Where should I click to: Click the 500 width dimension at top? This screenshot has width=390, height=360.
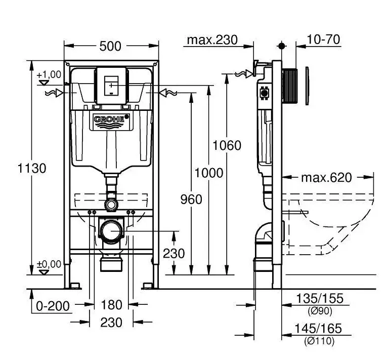110,46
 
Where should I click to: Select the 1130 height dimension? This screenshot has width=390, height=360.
32,168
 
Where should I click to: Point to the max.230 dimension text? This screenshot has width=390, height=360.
212,40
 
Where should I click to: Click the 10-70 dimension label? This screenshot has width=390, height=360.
323,39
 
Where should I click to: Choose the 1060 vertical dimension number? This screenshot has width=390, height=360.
227,145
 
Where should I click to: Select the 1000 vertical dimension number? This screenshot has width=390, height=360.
209,173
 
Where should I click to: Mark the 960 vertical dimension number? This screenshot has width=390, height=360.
191,199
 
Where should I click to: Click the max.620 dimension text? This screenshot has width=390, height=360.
326,178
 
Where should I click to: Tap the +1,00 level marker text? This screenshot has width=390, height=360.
49,74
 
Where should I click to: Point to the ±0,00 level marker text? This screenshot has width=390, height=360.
49,264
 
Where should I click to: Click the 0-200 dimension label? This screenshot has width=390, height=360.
53,306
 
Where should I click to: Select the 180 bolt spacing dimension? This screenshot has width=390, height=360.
111,305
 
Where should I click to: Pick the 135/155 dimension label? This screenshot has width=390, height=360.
320,298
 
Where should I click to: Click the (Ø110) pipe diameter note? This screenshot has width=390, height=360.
319,341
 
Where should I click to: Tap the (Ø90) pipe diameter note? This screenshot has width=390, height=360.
320,311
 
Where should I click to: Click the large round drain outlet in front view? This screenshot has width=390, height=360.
111,231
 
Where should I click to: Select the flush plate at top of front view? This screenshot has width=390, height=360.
111,86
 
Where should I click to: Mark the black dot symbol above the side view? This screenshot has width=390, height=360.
281,46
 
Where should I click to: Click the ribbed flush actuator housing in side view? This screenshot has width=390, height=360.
289,86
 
